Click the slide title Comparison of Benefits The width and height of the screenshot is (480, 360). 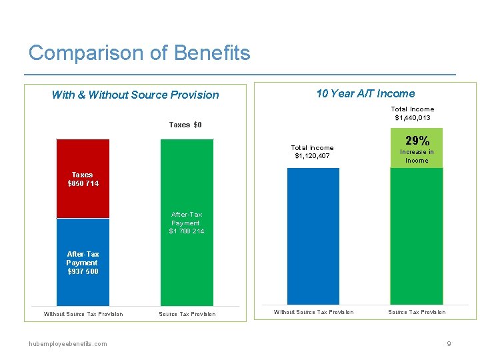139,53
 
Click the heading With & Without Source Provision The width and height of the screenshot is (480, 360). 135,95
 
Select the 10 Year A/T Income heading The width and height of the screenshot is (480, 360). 365,93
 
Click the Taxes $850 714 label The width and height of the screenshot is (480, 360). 83,179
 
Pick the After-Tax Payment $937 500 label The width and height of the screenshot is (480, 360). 83,263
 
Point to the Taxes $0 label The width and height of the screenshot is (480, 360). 185,125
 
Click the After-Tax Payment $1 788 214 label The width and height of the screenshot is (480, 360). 187,223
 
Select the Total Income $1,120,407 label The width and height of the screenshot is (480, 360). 312,152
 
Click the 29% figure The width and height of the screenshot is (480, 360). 417,141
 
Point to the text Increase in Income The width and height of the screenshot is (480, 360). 417,156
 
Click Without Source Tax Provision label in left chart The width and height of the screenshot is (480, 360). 83,314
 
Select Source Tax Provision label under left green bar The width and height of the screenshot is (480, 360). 187,314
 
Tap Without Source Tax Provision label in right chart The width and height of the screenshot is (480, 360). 313,312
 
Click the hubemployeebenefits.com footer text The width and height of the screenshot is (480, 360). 67,343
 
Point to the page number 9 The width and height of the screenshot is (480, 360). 449,343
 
